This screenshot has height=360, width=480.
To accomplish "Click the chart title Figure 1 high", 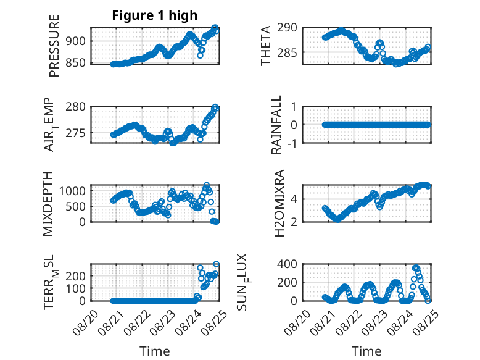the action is coord(155,15).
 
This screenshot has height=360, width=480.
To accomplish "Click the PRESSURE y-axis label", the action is coord(54,46).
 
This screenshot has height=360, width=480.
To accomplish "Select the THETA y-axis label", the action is coord(266,46).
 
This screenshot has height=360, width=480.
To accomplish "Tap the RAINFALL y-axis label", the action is coord(276,125).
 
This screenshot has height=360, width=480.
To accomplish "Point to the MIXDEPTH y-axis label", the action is coord(48,204).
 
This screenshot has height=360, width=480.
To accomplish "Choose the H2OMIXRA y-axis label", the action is coord(279,203).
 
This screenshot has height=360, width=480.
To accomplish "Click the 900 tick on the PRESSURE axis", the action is coord(75,41).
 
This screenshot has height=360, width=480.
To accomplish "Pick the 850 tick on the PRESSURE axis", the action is coord(75,62).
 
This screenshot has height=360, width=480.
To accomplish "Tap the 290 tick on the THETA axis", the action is coord(287,28).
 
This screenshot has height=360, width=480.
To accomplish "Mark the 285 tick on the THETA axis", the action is coord(287,52).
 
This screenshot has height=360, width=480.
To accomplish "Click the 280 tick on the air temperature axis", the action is coord(75,107).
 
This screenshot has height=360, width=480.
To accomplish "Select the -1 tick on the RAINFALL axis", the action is coord(292,143).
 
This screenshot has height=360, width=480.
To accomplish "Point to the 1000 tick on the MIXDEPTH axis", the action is coord(72,191).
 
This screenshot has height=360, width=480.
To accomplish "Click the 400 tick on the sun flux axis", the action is coord(287,264).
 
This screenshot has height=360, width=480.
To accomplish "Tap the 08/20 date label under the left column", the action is coord(85,322).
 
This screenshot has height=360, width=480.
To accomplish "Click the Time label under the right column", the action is coord(366,351).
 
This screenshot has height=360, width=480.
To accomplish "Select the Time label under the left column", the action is coord(155,351).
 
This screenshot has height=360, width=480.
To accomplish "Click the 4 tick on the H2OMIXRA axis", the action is coord(294,199).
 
